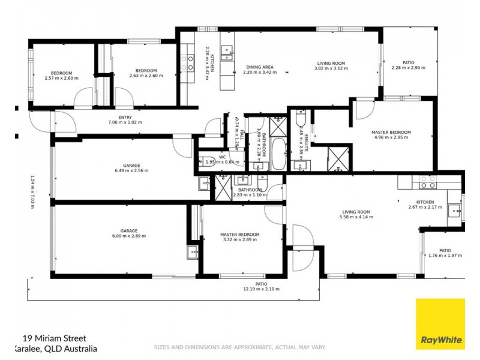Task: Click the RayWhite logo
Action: tap(441, 340)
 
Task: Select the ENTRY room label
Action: tap(125, 118)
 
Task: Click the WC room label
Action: tap(221, 157)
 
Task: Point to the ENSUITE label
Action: tap(305, 142)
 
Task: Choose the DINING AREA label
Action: tap(260, 67)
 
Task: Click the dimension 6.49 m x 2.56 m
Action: tap(131, 170)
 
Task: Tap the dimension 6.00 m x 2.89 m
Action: tap(129, 236)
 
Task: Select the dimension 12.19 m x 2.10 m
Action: tap(261, 289)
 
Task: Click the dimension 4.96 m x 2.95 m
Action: tap(391, 137)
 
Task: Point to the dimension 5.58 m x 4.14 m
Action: tap(356, 217)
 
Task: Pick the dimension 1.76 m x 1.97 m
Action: tap(445, 256)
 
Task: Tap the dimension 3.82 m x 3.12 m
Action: tap(331, 68)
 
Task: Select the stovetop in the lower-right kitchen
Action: tap(427, 182)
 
